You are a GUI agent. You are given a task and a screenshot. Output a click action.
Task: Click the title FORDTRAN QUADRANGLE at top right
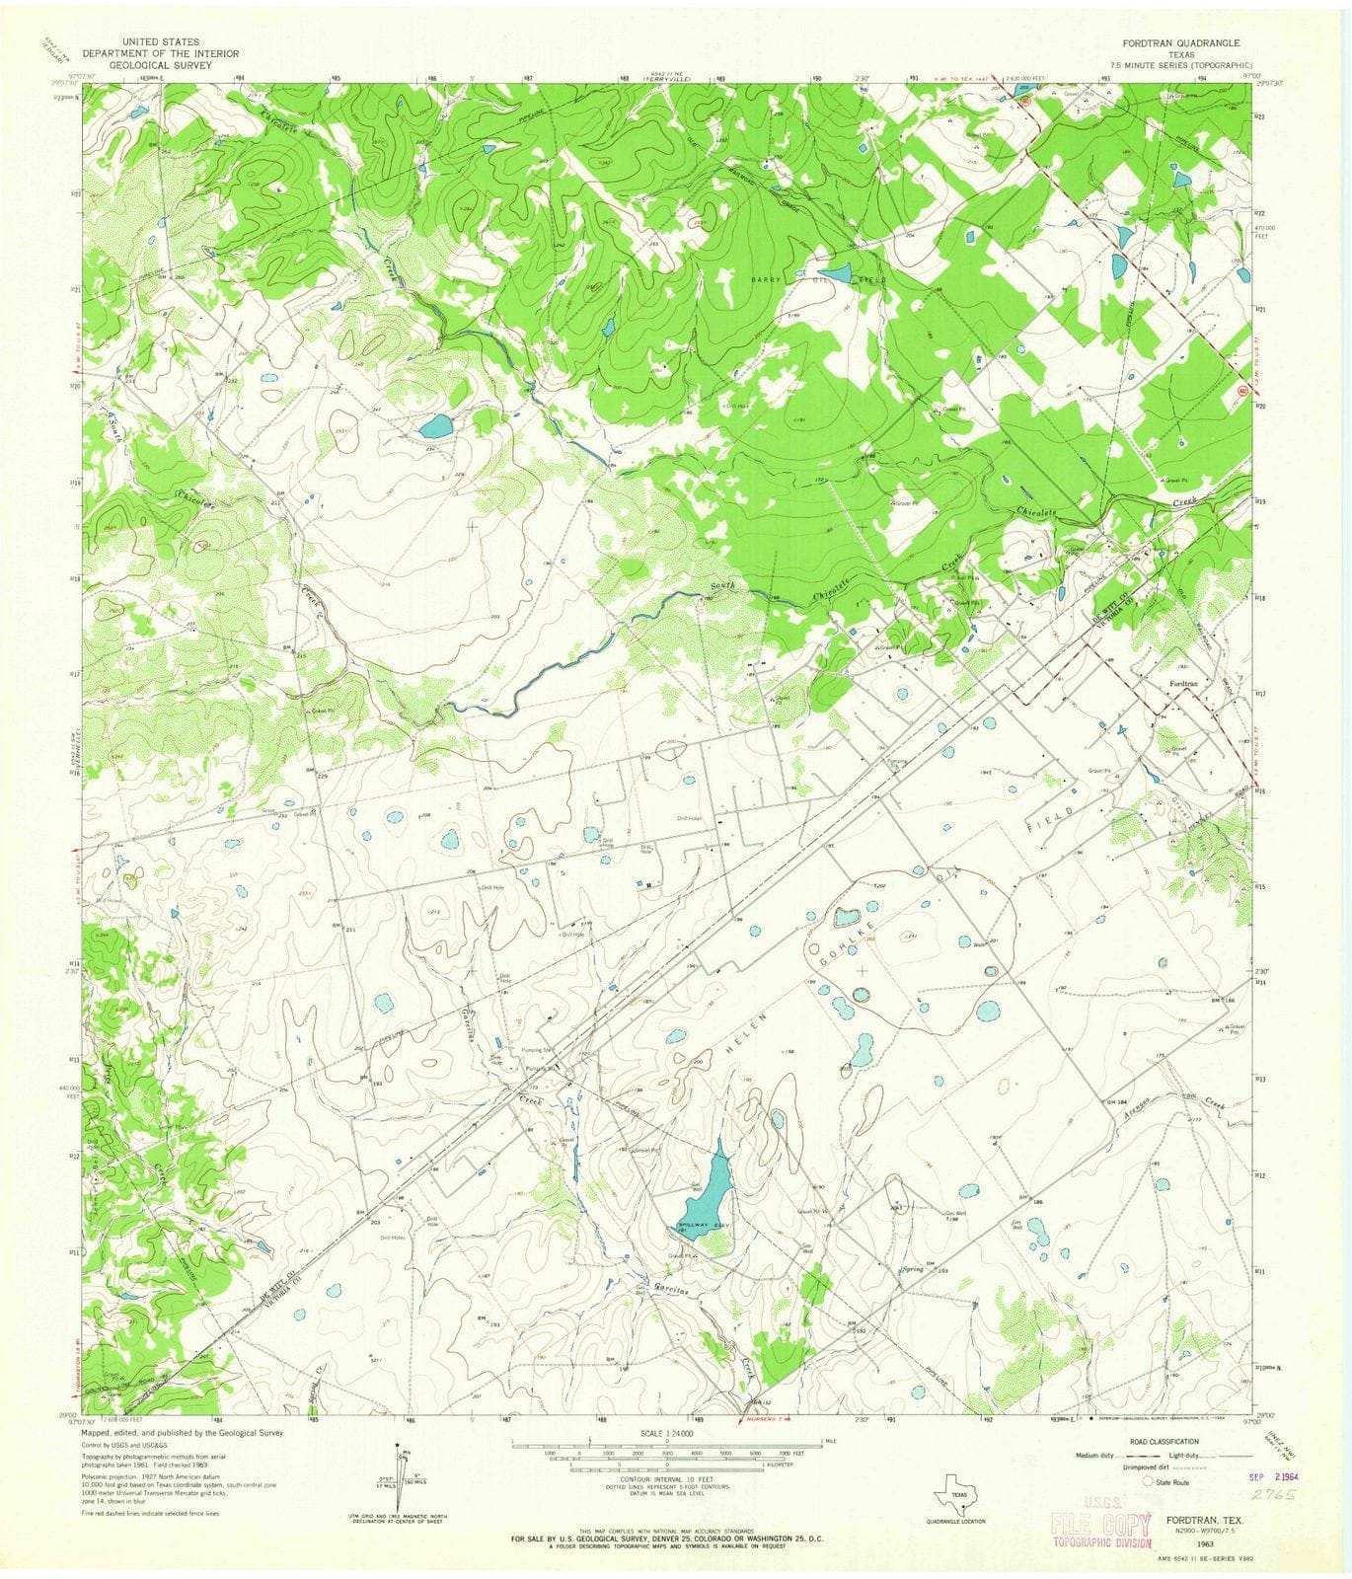[x=1180, y=43]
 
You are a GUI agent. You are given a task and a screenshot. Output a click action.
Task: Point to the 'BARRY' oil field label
[x=766, y=280]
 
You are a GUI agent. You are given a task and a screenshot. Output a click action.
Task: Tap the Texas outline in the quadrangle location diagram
[x=954, y=1489]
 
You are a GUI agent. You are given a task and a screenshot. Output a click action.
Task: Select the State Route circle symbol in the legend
[x=1148, y=1481]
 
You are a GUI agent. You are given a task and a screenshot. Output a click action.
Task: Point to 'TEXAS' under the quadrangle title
[x=1180, y=54]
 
